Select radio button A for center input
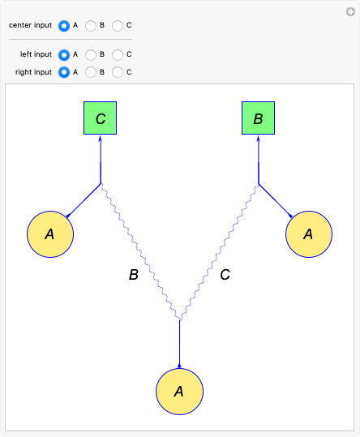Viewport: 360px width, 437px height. coord(64,25)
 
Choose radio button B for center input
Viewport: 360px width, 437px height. coord(91,25)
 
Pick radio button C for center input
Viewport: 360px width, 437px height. coord(118,25)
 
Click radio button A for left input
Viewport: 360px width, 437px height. coord(64,54)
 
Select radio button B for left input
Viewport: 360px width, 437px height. coord(91,54)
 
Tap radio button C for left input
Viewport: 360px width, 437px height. coord(118,54)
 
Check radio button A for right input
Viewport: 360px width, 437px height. coord(64,72)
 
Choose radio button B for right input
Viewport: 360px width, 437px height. coord(91,72)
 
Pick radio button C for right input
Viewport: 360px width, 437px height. coord(118,72)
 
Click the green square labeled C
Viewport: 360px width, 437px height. coord(101,118)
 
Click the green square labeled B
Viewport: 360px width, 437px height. coord(259,118)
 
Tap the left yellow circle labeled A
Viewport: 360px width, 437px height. coord(50,233)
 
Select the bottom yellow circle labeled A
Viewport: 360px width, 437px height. coord(179,391)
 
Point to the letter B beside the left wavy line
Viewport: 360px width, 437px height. coord(134,275)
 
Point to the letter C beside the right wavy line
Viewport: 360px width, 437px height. coord(225,275)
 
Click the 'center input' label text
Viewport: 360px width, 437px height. coord(30,25)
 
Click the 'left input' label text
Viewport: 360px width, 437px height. coord(36,54)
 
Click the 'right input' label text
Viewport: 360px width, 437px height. coord(34,72)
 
